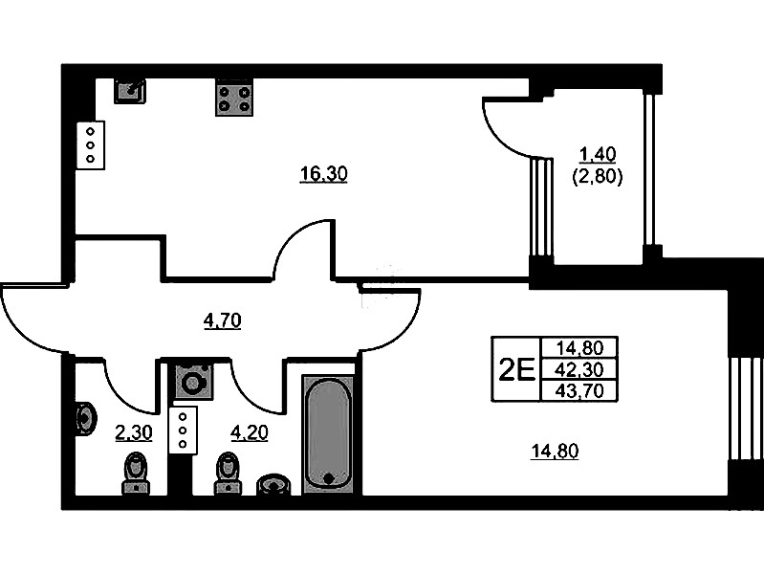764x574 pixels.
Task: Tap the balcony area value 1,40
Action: (598, 153)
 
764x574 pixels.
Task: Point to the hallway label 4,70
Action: (222, 320)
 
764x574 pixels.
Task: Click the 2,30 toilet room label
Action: (133, 432)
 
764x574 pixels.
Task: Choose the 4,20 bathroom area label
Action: (250, 432)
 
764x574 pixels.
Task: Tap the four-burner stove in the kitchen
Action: (233, 96)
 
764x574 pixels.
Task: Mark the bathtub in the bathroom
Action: (329, 435)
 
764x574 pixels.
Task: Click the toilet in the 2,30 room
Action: (136, 473)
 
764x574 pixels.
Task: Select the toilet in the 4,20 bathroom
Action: (228, 472)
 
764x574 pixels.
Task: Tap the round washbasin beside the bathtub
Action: (275, 484)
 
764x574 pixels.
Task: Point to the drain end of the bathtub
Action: (329, 478)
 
